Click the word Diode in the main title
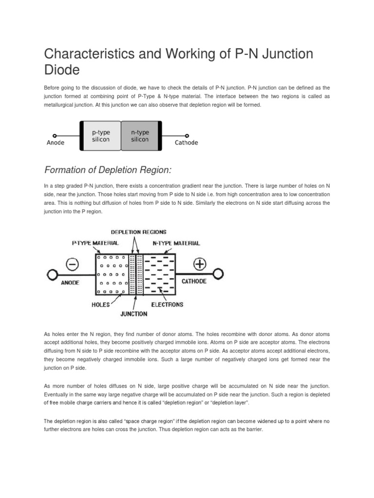point(62,70)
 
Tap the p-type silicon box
point(100,136)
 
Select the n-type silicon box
point(141,136)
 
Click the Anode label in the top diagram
point(56,143)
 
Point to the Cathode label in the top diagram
point(186,143)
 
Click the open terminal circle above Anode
point(55,136)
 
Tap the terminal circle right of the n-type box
point(187,136)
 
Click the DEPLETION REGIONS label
point(139,232)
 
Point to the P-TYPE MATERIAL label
point(95,243)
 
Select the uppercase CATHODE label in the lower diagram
point(194,281)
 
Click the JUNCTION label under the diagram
point(134,314)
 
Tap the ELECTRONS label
point(167,304)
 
